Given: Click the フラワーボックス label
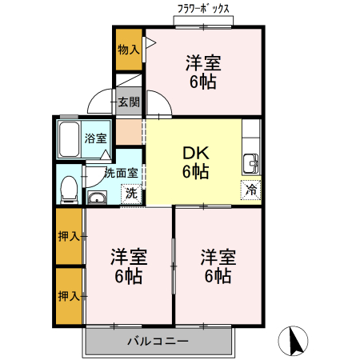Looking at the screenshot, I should tap(203, 9).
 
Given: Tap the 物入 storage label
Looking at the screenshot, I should tap(128, 50).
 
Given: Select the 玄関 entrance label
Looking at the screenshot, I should tap(128, 102).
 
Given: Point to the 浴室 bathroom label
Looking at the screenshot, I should tap(96, 138).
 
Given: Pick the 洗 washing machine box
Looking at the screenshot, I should tap(128, 193).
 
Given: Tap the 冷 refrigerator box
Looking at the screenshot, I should tap(250, 190).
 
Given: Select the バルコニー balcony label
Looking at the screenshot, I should tap(158, 342).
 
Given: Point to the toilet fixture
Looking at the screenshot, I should tap(70, 188).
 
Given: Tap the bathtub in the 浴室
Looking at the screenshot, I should tap(70, 140).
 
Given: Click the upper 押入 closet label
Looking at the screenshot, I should tap(68, 236).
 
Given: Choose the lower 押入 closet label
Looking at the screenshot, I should tap(68, 296).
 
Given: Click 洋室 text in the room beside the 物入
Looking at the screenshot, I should tap(203, 62).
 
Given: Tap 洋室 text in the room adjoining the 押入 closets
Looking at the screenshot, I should tap(128, 258).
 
